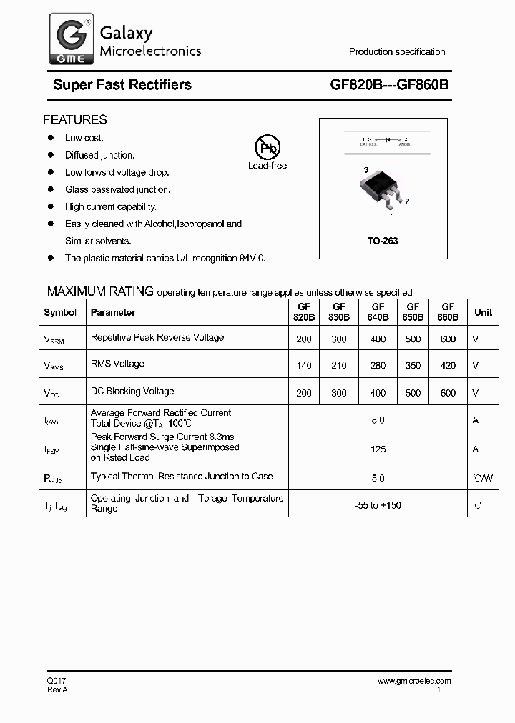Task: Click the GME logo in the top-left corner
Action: click(x=70, y=39)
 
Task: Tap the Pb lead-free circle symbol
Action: click(x=268, y=148)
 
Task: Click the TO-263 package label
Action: click(x=383, y=241)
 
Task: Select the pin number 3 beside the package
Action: click(x=366, y=170)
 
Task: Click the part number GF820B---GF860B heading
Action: click(x=389, y=84)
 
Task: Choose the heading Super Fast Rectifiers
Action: click(x=122, y=84)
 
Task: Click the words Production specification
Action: click(x=396, y=52)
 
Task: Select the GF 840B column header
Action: click(x=378, y=312)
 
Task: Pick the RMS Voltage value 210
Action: click(x=339, y=366)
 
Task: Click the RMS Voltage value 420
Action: click(x=448, y=366)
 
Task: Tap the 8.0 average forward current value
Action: click(x=378, y=420)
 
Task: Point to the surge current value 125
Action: click(x=378, y=449)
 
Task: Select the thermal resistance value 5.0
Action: click(x=378, y=478)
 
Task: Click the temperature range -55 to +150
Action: click(x=378, y=505)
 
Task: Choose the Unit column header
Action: click(x=483, y=312)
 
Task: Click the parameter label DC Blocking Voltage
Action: click(x=132, y=391)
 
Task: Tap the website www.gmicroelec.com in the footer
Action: click(x=414, y=681)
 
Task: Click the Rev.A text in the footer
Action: click(x=57, y=689)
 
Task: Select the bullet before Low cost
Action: click(x=51, y=138)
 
